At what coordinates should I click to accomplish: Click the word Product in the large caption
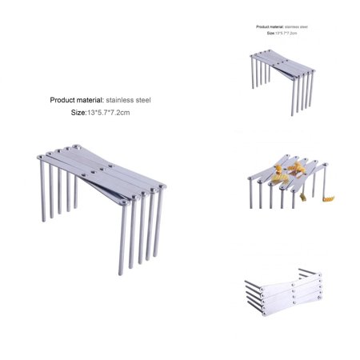click(x=66, y=101)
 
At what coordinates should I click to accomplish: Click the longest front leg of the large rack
click(x=122, y=240)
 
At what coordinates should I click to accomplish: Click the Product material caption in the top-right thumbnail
click(x=282, y=26)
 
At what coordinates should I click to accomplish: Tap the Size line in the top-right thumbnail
click(x=282, y=34)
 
